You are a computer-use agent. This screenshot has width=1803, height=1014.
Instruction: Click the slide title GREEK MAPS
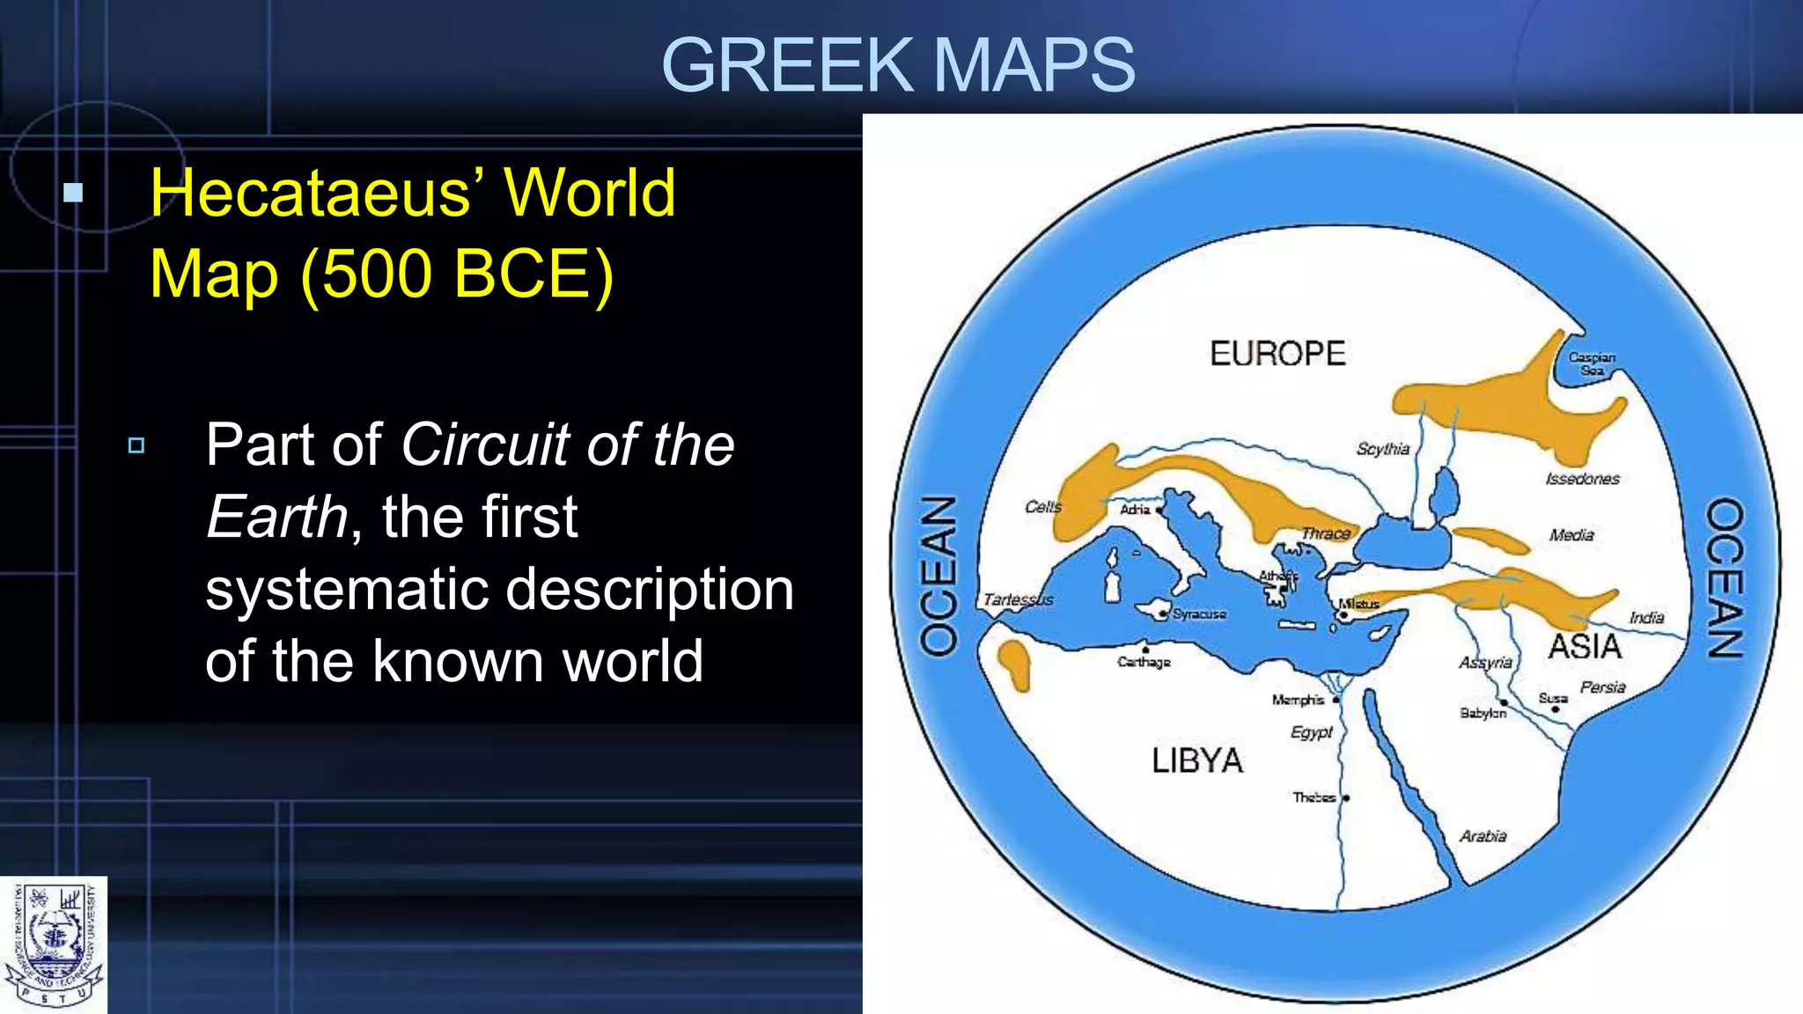pyautogui.click(x=898, y=65)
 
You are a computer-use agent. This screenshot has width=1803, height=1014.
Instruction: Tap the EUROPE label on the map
pyautogui.click(x=1277, y=354)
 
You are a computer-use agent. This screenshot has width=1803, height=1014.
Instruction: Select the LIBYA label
pyautogui.click(x=1197, y=760)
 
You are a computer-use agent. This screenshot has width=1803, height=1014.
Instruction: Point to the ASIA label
pyautogui.click(x=1585, y=647)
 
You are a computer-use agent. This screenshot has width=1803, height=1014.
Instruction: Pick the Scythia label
pyautogui.click(x=1382, y=449)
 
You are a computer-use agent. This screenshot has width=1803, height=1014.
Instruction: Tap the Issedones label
pyautogui.click(x=1582, y=479)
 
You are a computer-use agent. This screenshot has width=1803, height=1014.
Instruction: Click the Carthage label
pyautogui.click(x=1144, y=662)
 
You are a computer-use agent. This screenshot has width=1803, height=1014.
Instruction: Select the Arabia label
pyautogui.click(x=1483, y=836)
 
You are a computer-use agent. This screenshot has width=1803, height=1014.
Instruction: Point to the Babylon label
pyautogui.click(x=1483, y=713)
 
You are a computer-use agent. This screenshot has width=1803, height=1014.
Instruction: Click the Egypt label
pyautogui.click(x=1311, y=732)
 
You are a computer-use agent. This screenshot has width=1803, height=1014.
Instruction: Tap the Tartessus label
pyautogui.click(x=1018, y=599)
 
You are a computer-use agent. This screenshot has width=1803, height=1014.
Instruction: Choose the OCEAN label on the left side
pyautogui.click(x=938, y=576)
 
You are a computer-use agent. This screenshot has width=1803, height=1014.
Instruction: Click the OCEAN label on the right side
pyautogui.click(x=1725, y=577)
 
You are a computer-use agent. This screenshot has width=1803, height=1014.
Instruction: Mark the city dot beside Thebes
pyautogui.click(x=1346, y=798)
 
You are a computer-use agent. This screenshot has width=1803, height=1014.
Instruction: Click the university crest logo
pyautogui.click(x=54, y=945)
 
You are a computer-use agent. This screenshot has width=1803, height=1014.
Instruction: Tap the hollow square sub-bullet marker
pyautogui.click(x=136, y=445)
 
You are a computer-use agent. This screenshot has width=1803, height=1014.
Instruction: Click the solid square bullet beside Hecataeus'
pyautogui.click(x=74, y=193)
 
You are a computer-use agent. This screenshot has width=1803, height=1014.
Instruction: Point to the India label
pyautogui.click(x=1646, y=618)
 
